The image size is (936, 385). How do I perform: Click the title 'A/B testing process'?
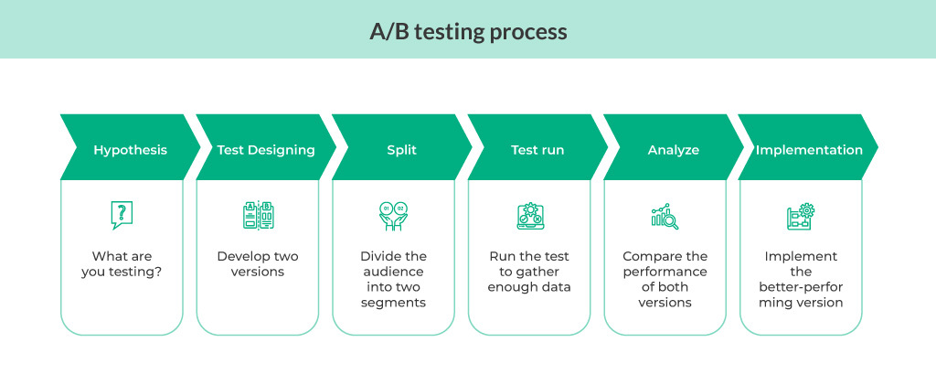tap(467, 31)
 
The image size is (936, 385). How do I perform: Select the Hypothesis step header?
tap(130, 150)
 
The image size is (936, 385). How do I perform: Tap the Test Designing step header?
tap(266, 150)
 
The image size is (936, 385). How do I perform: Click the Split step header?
tap(401, 150)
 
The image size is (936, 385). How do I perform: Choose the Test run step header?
tap(537, 150)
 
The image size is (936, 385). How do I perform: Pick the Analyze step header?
tap(673, 150)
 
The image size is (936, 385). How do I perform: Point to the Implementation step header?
tap(808, 150)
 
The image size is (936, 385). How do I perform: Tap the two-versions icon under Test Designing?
tap(258, 216)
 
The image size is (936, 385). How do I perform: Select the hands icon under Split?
tap(393, 216)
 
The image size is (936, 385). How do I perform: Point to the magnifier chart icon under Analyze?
tap(665, 216)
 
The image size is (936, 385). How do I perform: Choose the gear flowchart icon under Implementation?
tap(801, 216)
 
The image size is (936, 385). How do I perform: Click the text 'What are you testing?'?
tap(122, 263)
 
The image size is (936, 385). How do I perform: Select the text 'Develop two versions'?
tap(258, 263)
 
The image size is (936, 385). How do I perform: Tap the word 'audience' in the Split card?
tap(393, 272)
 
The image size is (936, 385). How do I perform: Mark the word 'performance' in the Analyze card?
tap(665, 272)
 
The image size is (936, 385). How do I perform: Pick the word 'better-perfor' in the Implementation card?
tap(801, 287)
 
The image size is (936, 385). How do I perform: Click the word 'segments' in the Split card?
tap(393, 303)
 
